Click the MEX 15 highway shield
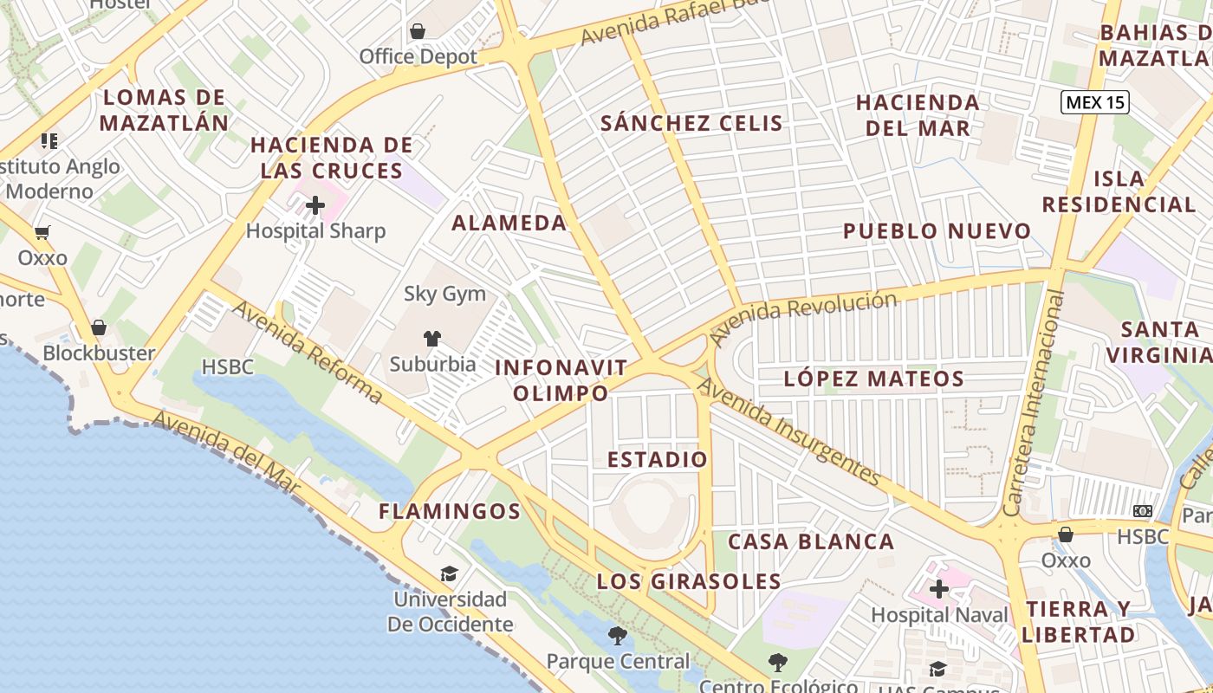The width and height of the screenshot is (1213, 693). point(1095,102)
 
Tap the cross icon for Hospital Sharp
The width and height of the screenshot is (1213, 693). point(315,205)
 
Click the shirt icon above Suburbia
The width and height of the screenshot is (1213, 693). point(431,338)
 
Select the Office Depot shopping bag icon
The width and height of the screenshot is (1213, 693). point(418,32)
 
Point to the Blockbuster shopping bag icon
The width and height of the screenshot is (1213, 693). point(99,327)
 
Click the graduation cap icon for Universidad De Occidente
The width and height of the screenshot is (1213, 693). point(448,573)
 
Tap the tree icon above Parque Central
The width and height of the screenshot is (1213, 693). point(617,636)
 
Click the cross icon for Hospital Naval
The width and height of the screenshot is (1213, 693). point(939,590)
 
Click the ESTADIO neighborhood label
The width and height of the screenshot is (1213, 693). point(658,459)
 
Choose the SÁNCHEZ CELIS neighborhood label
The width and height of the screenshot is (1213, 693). point(691,123)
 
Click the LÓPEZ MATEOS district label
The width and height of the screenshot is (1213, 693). point(873,379)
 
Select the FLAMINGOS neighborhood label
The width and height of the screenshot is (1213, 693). point(450,511)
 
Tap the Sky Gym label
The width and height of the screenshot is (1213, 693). point(444,294)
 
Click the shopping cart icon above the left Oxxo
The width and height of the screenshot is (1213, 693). point(42,232)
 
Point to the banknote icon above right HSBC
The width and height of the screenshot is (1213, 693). point(1143,511)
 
